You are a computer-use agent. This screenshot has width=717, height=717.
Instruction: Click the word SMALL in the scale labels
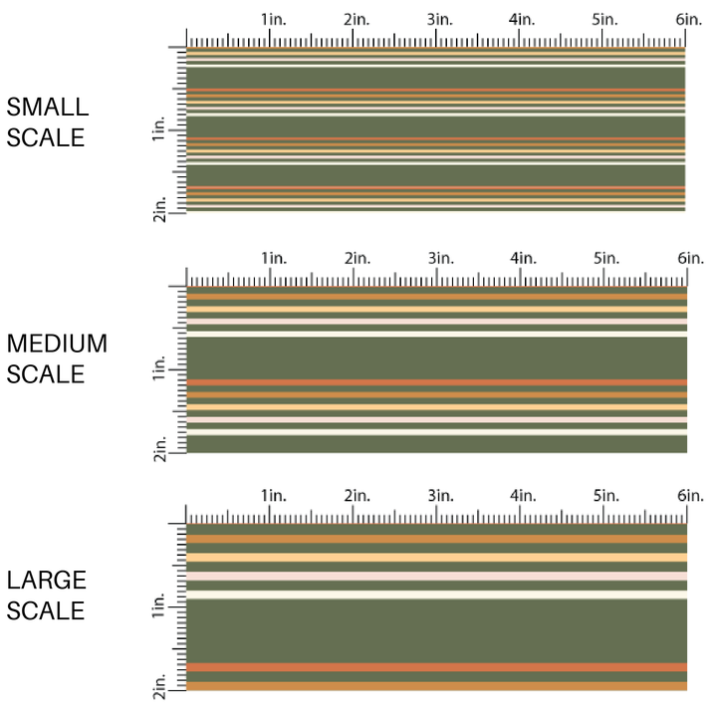[47, 107]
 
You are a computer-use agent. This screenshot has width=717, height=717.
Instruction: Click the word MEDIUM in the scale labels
[57, 345]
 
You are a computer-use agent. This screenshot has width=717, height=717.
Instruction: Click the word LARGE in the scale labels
[46, 581]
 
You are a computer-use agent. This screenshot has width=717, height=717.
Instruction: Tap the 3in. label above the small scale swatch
[442, 19]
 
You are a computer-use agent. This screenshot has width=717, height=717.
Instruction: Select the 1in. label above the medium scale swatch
[274, 258]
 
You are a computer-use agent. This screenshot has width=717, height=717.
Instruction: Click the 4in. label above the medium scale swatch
[524, 258]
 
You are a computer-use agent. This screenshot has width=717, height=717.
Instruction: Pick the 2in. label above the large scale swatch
[358, 496]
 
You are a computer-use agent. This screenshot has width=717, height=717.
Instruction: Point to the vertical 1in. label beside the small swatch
[160, 130]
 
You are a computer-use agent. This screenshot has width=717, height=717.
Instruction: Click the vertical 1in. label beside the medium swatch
[160, 370]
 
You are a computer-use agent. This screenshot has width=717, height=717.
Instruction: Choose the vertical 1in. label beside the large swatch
[160, 605]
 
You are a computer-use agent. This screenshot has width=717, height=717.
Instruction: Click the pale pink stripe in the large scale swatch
[436, 576]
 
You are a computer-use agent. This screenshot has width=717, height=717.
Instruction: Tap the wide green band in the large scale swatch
[436, 629]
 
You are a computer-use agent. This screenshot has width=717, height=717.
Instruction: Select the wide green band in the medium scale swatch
[436, 358]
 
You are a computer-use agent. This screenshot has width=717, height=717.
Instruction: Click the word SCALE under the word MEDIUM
[46, 374]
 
